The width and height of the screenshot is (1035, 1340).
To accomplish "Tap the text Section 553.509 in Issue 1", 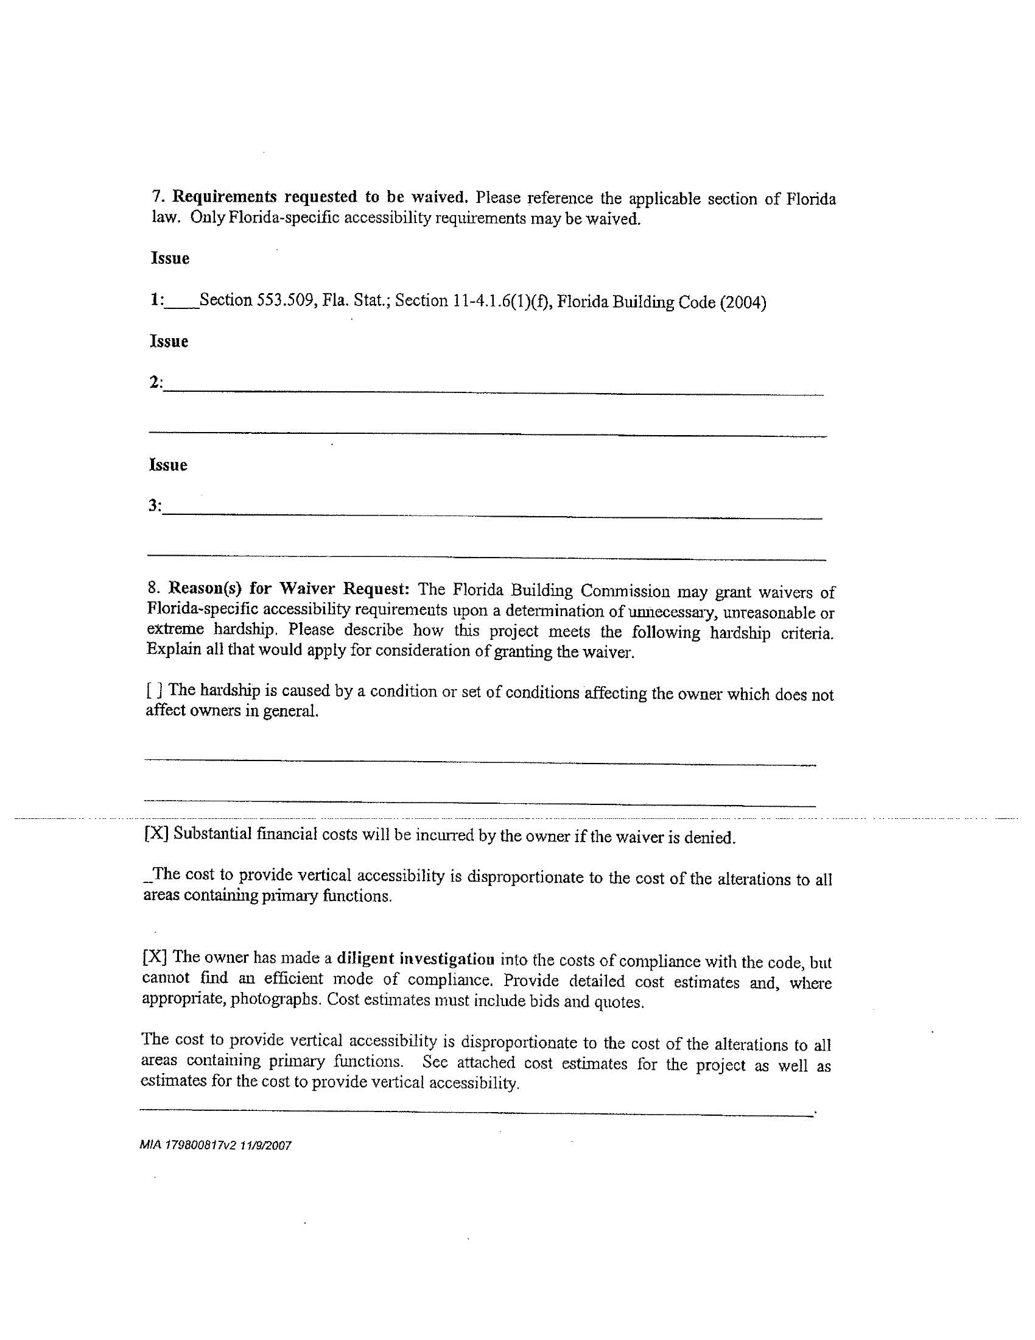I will pos(257,300).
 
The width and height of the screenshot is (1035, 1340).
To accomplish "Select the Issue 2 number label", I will pos(156,383).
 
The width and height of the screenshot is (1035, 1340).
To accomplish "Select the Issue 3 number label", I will pos(155,506).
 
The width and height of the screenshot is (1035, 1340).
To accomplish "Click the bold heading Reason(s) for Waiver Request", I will pos(288,589).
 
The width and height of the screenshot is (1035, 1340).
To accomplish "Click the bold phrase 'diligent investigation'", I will pos(416,959).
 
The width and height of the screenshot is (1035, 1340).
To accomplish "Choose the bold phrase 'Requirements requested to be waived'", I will pos(320,197).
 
